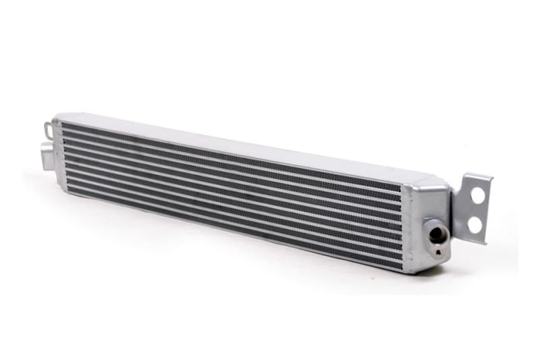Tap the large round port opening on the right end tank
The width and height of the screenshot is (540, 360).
click(437, 234)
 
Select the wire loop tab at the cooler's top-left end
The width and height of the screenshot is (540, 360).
click(48, 128)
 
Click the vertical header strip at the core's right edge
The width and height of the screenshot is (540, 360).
click(407, 226)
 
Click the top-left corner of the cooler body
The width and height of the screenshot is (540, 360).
click(57, 118)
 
